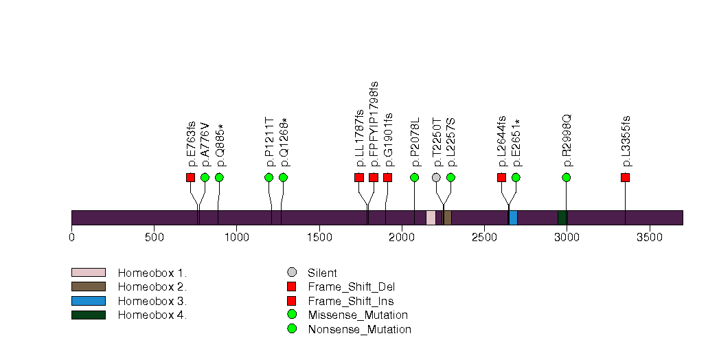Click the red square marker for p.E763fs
coord(190,177)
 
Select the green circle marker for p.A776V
coord(205,177)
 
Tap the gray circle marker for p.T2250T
coord(436,177)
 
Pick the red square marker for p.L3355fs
coord(625,177)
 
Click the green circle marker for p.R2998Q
coord(566,177)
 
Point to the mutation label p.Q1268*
coord(284,143)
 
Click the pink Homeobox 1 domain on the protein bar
coord(431,218)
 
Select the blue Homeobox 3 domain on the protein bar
coord(513,218)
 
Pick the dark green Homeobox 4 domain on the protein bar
coord(562,218)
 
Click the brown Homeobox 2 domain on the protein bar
coord(448,218)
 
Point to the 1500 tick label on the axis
coord(319,238)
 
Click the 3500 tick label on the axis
coord(650,238)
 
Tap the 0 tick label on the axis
coord(71,238)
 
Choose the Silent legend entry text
coord(322,273)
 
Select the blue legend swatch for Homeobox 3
coord(88,301)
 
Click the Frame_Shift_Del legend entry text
coord(351,286)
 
